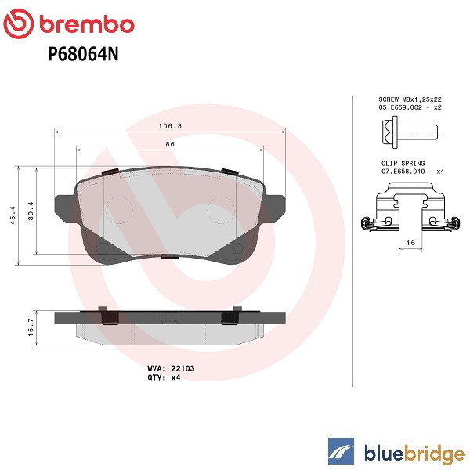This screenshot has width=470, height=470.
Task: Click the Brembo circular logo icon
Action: (x=19, y=24)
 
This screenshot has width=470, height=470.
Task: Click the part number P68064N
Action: (x=83, y=54)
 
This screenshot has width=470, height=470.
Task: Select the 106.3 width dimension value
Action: (x=170, y=126)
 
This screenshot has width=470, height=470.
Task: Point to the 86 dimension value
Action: (x=170, y=144)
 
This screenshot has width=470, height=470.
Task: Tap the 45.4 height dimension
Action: (x=13, y=215)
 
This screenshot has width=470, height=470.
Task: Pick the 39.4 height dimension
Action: (x=31, y=211)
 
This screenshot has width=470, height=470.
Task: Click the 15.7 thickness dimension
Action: (x=31, y=327)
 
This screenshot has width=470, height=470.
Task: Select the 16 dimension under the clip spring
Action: (x=410, y=243)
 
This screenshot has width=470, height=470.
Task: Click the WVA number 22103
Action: (x=183, y=368)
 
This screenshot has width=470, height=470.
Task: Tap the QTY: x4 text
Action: (x=164, y=378)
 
